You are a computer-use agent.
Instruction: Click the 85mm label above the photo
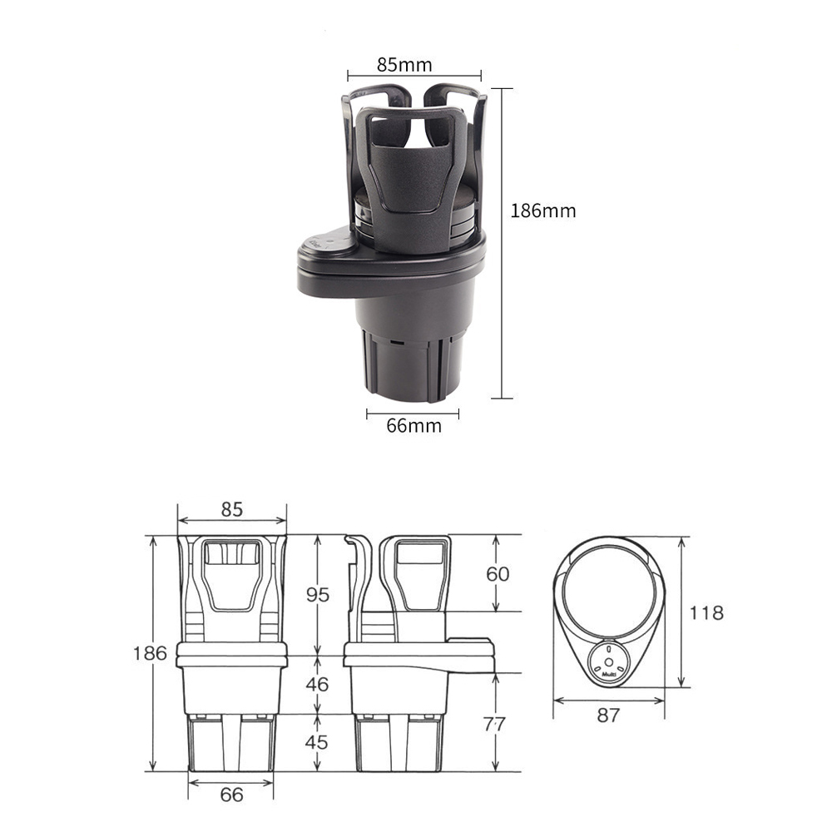coord(404,65)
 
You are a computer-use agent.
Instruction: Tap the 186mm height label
coord(542,210)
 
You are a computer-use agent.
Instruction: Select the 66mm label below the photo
coord(414,425)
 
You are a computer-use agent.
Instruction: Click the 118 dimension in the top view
coord(706,613)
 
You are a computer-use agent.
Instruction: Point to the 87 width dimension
coord(608,716)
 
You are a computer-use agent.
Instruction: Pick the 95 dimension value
coord(318,595)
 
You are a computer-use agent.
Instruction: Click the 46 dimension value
coord(317,685)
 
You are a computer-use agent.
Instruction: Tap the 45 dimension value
coord(317,742)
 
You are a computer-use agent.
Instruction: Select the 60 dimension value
coord(498,573)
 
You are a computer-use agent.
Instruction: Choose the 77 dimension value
coord(494,724)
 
